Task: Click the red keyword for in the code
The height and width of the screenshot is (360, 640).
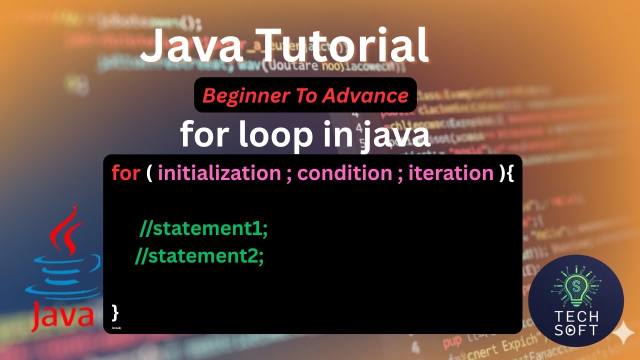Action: [x=125, y=173]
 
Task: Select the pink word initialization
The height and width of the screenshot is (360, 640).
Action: [x=219, y=173]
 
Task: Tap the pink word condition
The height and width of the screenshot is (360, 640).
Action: [x=344, y=173]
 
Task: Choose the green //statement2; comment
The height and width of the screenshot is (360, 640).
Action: [x=199, y=256]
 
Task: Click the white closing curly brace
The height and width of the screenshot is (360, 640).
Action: [x=115, y=312]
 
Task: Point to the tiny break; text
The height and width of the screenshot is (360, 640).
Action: [x=116, y=328]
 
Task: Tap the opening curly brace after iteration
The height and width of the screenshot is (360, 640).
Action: [x=509, y=173]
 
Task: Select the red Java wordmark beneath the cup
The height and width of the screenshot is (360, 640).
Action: [x=63, y=314]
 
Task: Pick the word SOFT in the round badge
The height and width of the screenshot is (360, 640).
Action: [x=576, y=330]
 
